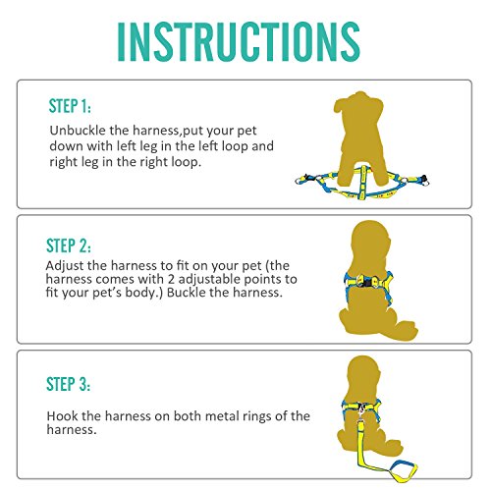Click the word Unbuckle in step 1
point(80,130)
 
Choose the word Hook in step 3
point(65,416)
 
